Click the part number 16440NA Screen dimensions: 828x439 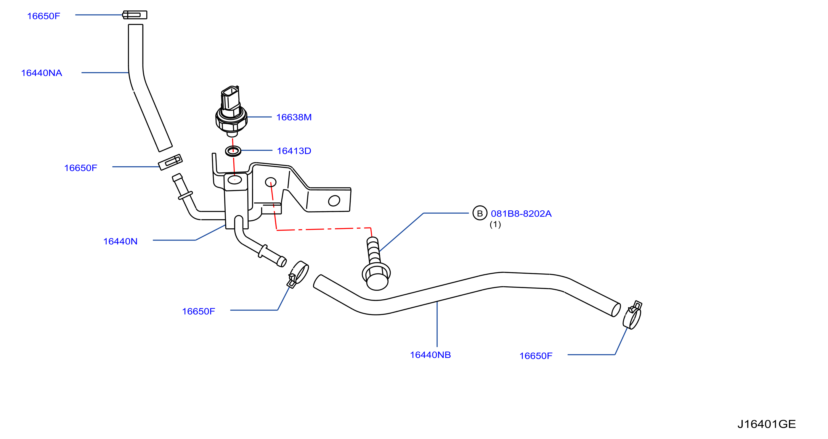[41, 73]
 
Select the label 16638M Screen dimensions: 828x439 [294, 117]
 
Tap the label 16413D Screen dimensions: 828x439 [294, 151]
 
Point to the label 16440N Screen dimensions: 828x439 [120, 241]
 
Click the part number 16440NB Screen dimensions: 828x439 [430, 355]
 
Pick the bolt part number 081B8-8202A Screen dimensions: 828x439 [521, 214]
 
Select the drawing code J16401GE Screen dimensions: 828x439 [767, 424]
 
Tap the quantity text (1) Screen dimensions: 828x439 [495, 224]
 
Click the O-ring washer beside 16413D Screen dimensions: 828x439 [233, 151]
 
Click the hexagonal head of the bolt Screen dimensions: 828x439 [376, 277]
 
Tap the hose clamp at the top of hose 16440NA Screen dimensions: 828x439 [135, 15]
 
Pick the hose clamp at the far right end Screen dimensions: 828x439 [633, 315]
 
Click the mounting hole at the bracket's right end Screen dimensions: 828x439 [334, 201]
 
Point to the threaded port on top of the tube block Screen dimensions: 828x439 [235, 180]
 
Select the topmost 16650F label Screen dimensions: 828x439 [44, 16]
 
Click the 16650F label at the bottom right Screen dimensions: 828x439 [536, 356]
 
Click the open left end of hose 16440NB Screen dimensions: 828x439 [317, 281]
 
